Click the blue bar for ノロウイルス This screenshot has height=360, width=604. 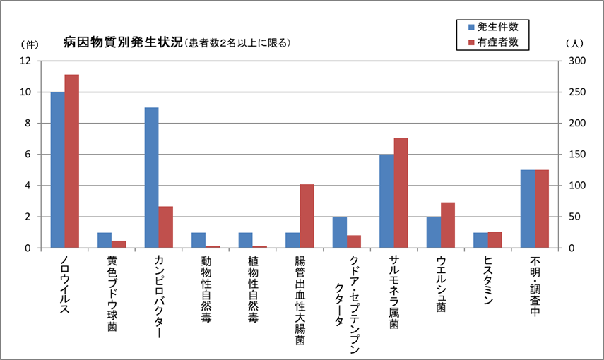pos(57,170)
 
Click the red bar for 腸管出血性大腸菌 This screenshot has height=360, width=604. pos(307,216)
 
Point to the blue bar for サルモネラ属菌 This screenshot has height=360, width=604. pos(386,201)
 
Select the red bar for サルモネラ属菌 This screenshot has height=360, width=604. pos(401,193)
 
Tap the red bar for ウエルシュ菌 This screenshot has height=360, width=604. pos(448,225)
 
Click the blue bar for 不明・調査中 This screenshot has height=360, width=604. pos(528,209)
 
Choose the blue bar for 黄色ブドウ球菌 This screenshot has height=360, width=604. pos(105,240)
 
